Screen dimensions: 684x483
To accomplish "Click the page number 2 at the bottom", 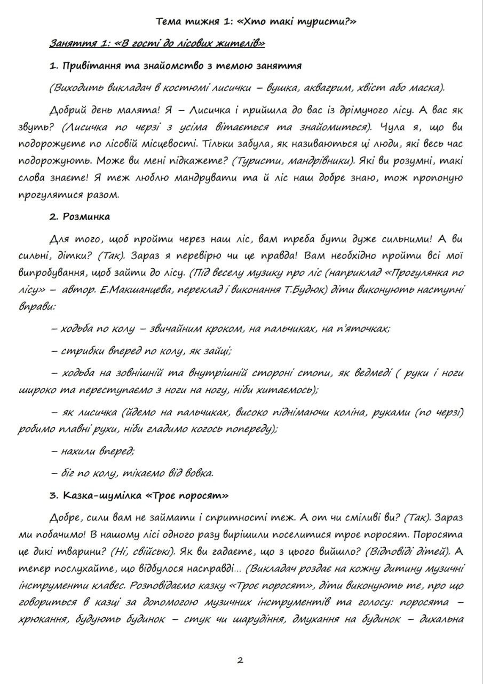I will (240, 660).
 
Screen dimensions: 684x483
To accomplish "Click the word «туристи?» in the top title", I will (328, 22).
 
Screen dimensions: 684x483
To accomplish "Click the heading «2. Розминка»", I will (80, 217).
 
